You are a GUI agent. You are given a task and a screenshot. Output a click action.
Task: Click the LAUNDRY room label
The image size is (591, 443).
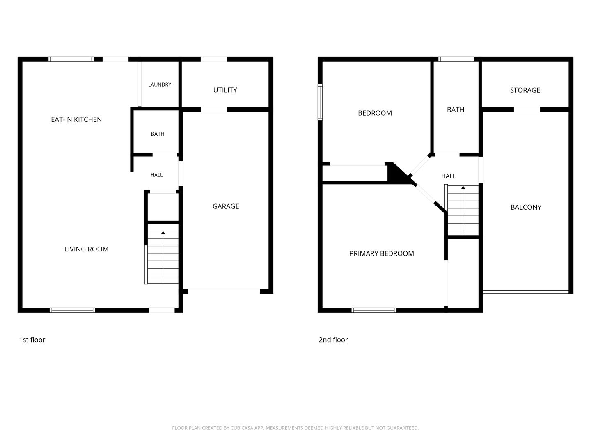click(160, 85)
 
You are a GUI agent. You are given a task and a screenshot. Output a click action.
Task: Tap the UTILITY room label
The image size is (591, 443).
click(225, 90)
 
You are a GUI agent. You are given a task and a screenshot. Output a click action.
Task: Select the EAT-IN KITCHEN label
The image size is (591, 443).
click(76, 119)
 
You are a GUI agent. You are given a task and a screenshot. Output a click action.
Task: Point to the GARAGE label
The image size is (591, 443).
click(226, 206)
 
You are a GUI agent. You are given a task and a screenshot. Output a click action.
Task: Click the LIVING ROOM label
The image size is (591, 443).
click(86, 249)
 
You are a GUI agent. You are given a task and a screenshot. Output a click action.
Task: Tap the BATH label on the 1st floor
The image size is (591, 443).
click(158, 134)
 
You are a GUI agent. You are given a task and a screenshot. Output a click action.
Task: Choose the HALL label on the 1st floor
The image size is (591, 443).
click(157, 175)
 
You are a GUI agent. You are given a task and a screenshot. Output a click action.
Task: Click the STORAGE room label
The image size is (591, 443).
click(525, 90)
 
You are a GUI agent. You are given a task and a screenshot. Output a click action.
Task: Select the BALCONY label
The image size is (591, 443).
click(526, 207)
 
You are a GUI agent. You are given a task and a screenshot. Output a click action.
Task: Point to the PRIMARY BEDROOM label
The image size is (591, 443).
click(382, 253)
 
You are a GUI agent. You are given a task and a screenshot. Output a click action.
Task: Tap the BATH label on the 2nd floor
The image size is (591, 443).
click(456, 110)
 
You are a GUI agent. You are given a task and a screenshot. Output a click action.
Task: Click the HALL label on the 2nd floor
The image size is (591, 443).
click(448, 176)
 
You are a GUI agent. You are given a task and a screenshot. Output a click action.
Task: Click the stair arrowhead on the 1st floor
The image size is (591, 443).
click(163, 233)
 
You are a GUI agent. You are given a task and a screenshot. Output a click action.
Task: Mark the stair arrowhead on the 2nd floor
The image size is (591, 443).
click(463, 187)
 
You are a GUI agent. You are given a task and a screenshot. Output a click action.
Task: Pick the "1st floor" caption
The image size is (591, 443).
click(32, 340)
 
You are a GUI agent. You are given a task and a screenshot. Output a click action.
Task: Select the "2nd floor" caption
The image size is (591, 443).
click(333, 340)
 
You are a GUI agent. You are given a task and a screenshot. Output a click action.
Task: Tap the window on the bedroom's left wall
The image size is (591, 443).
click(320, 102)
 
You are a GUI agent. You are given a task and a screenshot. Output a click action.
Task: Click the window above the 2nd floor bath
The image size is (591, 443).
click(456, 59)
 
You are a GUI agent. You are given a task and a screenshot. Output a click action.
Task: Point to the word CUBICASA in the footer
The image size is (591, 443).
click(242, 428)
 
